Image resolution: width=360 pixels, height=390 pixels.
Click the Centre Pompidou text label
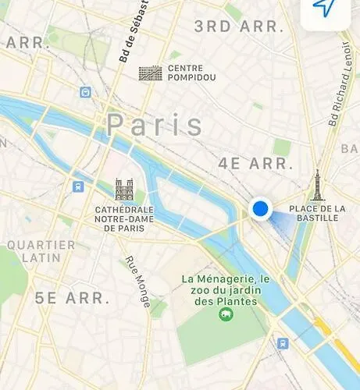pos(185,73)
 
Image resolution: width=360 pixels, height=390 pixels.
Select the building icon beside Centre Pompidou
pos(149,73)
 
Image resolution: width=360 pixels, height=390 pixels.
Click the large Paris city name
pos(155,126)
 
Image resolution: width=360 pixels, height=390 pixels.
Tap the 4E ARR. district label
pos(255,165)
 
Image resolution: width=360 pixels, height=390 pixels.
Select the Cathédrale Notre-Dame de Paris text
pos(124,219)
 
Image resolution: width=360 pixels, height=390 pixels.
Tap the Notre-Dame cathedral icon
pos(124,190)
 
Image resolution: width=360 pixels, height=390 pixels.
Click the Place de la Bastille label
pos(317,213)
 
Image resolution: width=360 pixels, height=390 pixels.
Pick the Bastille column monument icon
pos(317,186)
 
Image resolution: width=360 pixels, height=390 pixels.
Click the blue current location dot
pos(260,208)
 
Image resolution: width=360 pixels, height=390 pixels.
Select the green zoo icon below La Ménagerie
pos(225,315)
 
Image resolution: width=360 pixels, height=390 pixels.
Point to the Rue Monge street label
pos(137,282)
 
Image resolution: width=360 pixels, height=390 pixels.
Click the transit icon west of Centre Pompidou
pos(84,92)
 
